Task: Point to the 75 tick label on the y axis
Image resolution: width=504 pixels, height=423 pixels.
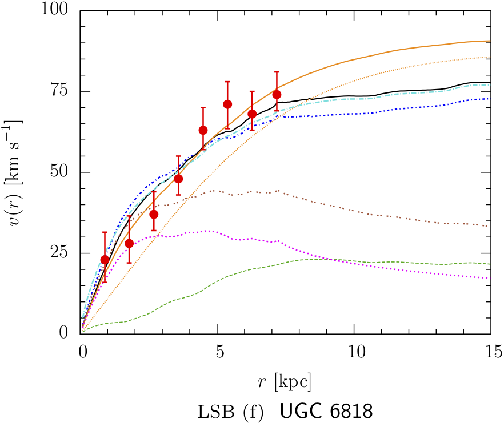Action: point(61,91)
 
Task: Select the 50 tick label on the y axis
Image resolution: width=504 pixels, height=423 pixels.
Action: point(61,172)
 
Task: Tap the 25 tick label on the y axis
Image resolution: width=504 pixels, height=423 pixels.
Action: point(61,253)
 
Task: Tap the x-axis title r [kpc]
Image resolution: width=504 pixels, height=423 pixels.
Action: point(285,381)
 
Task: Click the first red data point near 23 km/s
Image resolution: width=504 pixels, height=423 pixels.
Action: point(105,260)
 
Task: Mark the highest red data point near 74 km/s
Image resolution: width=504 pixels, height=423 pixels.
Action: point(277,94)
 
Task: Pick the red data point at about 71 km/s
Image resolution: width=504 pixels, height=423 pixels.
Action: point(227,104)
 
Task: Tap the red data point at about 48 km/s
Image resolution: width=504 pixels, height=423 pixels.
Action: point(178,179)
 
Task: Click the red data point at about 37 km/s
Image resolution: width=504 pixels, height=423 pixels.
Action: point(154,214)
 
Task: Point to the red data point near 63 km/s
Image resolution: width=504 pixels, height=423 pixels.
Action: point(203,130)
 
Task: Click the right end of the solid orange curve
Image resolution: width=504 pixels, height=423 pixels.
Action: point(490,41)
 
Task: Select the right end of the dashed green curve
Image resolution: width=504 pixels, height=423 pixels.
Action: point(490,264)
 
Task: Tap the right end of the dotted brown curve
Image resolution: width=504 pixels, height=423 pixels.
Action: point(490,226)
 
